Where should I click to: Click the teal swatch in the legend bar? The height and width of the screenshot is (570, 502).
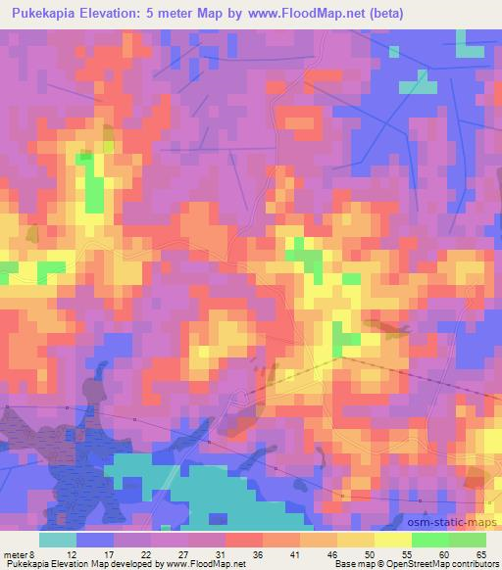click(x=58, y=540)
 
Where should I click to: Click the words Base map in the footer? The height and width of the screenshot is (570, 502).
click(x=352, y=564)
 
